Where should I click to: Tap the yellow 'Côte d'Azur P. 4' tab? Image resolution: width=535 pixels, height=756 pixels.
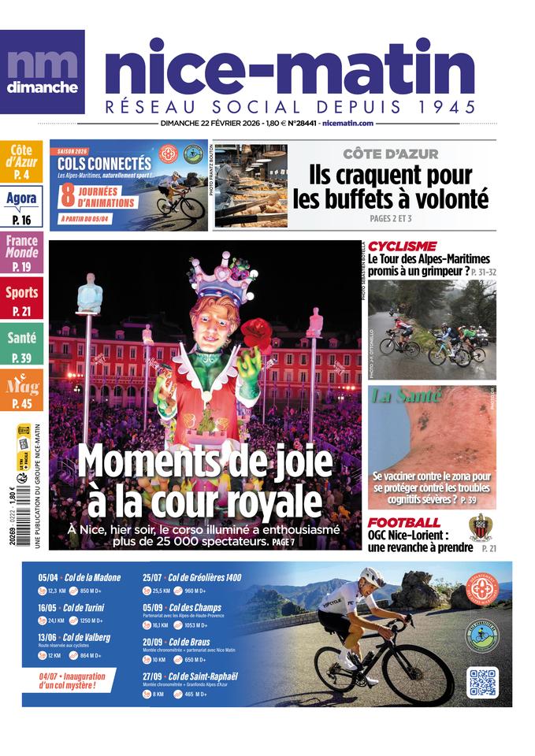21,161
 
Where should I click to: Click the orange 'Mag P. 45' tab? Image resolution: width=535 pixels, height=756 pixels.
21,391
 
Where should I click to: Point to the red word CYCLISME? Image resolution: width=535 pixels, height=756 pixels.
402,246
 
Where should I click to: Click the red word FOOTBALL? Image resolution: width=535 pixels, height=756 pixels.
404,523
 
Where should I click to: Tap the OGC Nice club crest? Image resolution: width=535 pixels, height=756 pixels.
480,527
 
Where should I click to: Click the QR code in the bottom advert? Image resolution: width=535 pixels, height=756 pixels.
481,683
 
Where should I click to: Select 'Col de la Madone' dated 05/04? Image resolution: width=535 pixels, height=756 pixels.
91,577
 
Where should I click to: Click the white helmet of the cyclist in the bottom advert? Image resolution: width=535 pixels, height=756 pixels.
371,576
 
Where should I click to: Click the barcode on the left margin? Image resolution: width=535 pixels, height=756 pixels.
23,520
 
